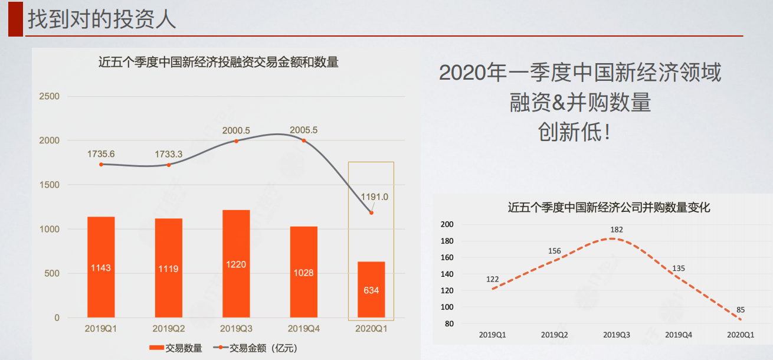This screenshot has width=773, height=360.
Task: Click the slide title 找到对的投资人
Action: [x=101, y=18]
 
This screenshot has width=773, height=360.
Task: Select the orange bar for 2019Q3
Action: [x=235, y=263]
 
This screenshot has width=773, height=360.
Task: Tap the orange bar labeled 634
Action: [x=371, y=290]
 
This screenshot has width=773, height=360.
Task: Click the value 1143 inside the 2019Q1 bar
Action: [x=101, y=268]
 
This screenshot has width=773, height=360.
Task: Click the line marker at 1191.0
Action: [x=371, y=212]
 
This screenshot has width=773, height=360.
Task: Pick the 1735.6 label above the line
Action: [x=101, y=154]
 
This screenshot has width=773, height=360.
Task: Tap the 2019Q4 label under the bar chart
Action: [x=303, y=328]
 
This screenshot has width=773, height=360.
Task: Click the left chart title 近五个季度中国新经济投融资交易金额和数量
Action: [x=218, y=63]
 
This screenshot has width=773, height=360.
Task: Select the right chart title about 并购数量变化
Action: [x=608, y=207]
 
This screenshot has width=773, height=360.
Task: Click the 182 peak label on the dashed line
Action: [x=617, y=230]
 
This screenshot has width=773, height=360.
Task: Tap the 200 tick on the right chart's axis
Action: [x=447, y=224]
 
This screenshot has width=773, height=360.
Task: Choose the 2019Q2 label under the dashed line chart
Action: [x=554, y=335]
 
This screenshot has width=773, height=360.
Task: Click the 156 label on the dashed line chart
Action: [x=554, y=251]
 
